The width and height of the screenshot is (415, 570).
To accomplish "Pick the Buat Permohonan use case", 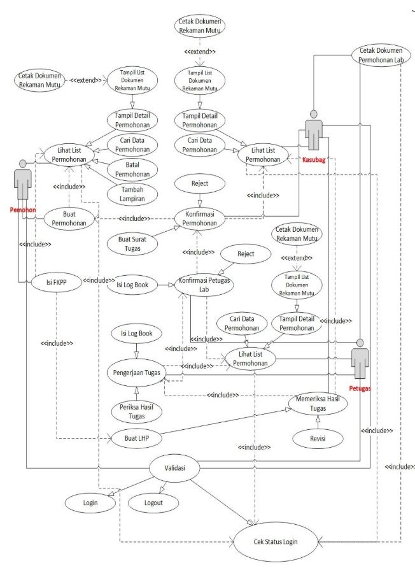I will [x=70, y=218].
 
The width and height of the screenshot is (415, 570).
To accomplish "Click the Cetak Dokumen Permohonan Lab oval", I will [x=382, y=55].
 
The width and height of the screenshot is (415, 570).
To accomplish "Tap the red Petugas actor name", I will [x=360, y=387].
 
